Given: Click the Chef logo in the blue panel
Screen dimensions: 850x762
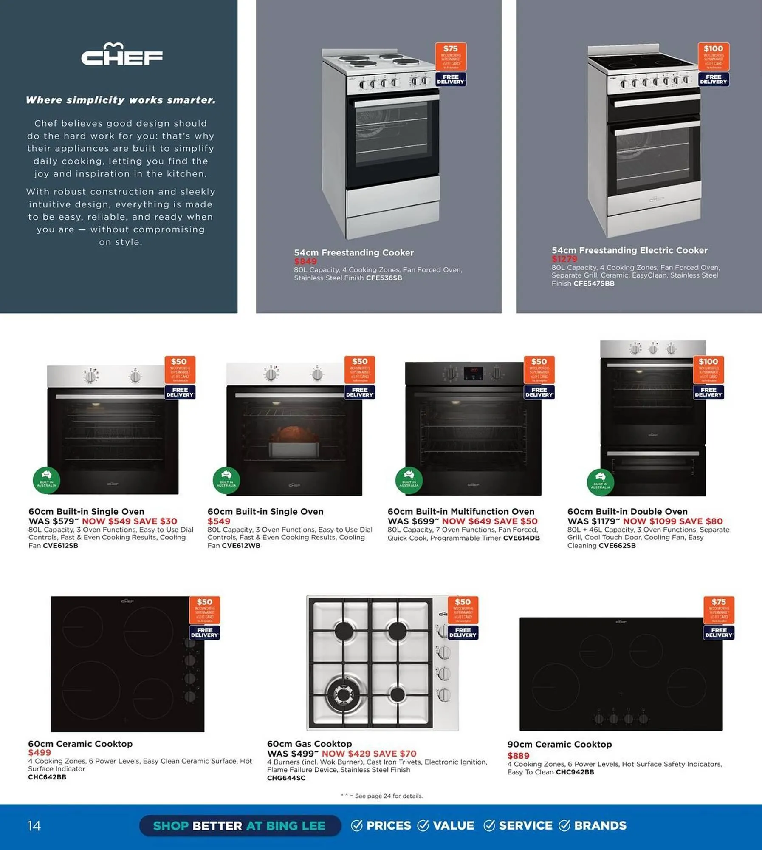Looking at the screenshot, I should [x=122, y=55].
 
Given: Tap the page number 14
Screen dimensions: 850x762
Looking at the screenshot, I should [x=34, y=825].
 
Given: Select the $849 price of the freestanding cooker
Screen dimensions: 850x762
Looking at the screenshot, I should [x=305, y=261].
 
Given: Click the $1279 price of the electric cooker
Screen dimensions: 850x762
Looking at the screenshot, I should [x=564, y=259].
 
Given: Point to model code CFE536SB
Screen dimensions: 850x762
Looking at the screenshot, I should [x=384, y=278].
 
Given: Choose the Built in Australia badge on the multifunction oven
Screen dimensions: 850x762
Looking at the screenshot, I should [x=409, y=480].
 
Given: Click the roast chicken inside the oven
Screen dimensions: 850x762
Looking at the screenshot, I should [x=294, y=435].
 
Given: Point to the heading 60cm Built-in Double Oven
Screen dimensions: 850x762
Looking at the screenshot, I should [x=627, y=511].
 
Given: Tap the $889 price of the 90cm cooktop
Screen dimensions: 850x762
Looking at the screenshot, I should [x=518, y=756].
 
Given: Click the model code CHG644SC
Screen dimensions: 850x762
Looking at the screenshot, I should [x=286, y=778].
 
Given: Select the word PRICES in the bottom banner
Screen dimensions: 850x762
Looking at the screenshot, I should [x=389, y=825].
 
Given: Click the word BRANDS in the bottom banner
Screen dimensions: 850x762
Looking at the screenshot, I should [x=600, y=825].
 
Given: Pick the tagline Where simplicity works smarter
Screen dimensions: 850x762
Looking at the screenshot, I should [x=121, y=100].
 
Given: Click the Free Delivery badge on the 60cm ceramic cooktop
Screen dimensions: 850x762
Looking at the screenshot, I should [x=204, y=632].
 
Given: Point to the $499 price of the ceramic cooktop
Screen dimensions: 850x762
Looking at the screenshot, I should [x=39, y=752].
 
